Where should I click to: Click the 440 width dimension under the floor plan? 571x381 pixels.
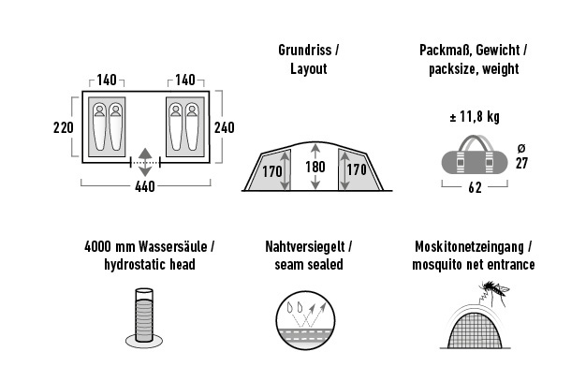145,186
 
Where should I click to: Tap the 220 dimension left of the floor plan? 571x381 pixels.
64,127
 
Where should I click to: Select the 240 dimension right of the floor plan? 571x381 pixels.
225,127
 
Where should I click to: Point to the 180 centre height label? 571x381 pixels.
315,167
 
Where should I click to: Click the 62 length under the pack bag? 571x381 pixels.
475,187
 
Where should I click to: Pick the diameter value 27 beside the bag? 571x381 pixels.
521,163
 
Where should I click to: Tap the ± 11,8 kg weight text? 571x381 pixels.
475,117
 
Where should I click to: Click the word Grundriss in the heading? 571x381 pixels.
305,50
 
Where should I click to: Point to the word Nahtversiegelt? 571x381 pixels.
305,246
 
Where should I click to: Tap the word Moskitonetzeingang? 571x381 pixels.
469,246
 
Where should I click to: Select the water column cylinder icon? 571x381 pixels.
144,317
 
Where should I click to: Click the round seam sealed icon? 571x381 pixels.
305,320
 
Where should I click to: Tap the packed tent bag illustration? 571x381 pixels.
475,155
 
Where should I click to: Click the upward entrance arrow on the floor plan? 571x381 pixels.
145,154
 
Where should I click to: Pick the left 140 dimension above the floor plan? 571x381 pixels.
107,81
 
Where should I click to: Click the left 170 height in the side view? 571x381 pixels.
272,170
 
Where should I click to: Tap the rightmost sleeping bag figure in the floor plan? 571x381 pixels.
192,126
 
